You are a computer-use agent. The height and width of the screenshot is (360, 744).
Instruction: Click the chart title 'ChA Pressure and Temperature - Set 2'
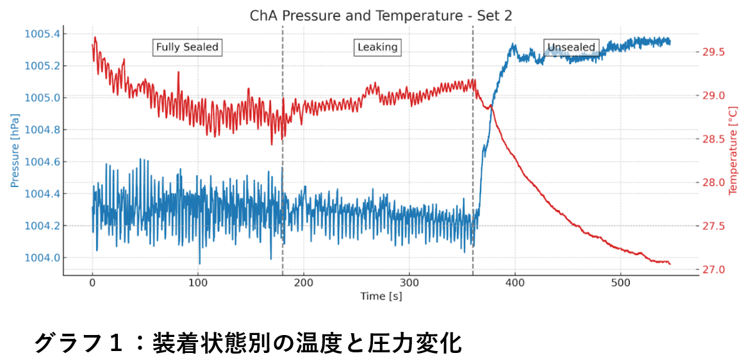click(381, 15)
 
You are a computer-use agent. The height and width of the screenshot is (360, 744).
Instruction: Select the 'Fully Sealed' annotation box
click(187, 47)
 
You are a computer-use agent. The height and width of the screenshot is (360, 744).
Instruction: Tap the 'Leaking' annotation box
click(377, 47)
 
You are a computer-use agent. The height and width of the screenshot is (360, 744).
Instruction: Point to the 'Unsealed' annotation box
click(570, 47)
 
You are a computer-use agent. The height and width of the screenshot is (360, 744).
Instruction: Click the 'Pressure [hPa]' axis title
click(15, 151)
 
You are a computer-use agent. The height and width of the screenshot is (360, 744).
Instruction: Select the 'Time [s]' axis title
click(381, 296)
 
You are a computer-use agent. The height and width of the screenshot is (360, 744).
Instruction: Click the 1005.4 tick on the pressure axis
click(43, 33)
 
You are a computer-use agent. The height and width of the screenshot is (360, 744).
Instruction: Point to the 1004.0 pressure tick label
click(43, 258)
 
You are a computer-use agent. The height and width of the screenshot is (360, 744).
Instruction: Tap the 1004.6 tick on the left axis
click(43, 161)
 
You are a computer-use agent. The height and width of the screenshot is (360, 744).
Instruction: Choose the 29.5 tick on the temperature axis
click(713, 52)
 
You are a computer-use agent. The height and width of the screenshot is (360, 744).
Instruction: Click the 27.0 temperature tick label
click(713, 270)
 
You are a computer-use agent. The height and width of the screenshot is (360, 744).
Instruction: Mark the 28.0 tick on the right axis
click(713, 183)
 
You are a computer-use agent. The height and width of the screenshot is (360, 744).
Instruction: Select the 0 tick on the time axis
click(92, 282)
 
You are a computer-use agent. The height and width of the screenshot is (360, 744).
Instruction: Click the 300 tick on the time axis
click(409, 282)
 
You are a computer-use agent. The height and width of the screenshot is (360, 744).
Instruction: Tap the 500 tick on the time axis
click(620, 282)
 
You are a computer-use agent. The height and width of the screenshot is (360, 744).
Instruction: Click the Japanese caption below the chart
click(247, 343)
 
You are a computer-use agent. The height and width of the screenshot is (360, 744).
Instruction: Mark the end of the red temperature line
click(670, 263)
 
